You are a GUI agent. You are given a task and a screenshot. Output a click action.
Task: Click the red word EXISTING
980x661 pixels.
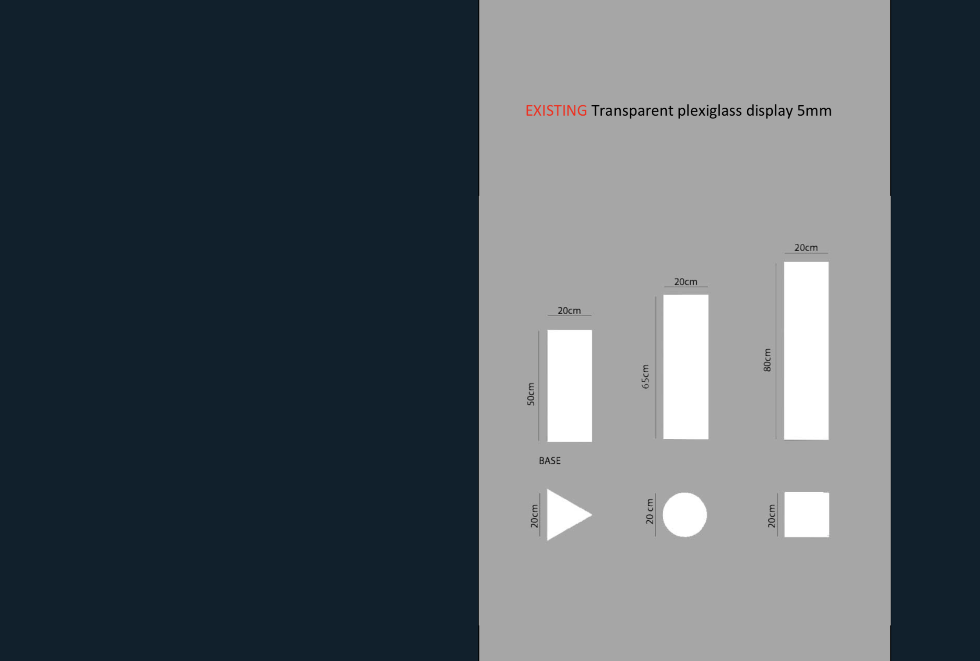tap(556, 110)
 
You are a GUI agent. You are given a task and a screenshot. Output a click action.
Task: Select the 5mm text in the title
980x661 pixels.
tap(814, 110)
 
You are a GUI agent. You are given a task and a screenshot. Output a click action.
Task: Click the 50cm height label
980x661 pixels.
tap(531, 394)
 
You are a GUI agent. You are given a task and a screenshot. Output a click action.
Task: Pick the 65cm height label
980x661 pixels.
tap(645, 377)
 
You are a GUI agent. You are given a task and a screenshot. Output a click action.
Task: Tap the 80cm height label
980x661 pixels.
tap(767, 360)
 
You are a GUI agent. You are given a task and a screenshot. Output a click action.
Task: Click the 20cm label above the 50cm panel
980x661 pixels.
tap(569, 311)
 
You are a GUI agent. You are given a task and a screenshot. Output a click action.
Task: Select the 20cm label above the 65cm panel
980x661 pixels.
tap(685, 282)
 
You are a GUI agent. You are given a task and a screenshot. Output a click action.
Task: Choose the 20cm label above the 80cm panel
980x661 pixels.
tap(806, 248)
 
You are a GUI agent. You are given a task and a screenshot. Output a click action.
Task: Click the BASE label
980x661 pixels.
tap(550, 461)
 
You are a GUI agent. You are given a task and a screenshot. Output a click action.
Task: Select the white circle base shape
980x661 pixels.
tap(685, 515)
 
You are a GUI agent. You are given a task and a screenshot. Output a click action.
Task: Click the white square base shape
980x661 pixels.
tap(806, 515)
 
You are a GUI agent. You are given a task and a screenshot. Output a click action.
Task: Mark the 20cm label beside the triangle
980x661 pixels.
tap(534, 516)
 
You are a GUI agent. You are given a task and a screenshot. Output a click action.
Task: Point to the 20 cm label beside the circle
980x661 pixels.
tap(650, 511)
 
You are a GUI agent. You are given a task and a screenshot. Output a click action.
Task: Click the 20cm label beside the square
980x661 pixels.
tap(772, 515)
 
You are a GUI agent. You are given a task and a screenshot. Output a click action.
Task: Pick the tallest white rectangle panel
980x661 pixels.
tap(806, 351)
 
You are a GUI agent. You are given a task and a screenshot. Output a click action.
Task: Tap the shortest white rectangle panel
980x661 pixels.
tap(569, 386)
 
